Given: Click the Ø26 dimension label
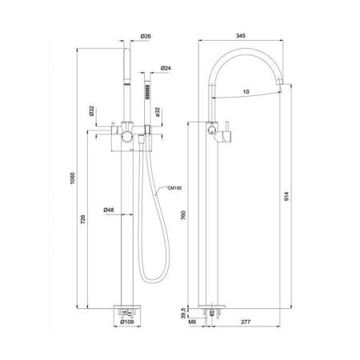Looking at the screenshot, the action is [146, 36].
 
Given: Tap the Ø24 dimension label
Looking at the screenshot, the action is [166, 68].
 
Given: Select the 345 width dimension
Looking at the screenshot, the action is [241, 36].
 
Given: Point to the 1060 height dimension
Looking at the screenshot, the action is [73, 178].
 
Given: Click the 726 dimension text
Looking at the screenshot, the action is [83, 219].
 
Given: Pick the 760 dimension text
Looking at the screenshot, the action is [183, 215].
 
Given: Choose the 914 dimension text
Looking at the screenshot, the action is [286, 197].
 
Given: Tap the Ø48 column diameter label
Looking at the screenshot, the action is [109, 210].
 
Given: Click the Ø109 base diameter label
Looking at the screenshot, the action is [127, 322].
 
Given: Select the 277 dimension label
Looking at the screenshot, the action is [246, 322].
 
